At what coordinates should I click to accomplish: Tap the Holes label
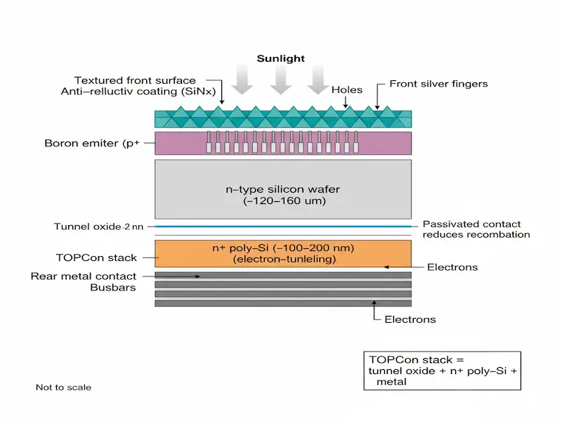pos(348,90)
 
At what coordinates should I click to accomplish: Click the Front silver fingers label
pos(439,84)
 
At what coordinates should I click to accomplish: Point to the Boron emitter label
pos(90,143)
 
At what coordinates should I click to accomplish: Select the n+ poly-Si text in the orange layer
pos(282,250)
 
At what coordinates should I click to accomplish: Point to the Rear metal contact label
pos(83,276)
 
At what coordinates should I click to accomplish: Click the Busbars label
pos(115,287)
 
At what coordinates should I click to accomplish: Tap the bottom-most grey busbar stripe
pos(282,303)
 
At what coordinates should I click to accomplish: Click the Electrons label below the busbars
pos(410,319)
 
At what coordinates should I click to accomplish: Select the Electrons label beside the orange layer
pos(452,267)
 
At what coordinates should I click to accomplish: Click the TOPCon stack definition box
pos(442,371)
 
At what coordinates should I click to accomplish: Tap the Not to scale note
pos(63,388)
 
